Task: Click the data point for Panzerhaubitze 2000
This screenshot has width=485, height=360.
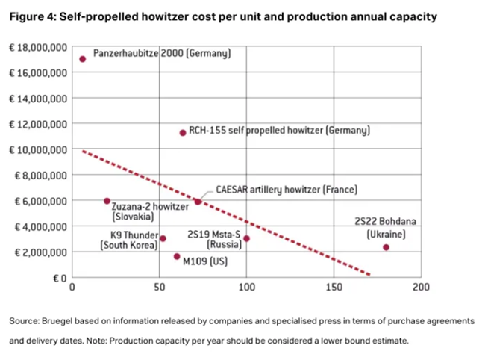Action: pos(82,60)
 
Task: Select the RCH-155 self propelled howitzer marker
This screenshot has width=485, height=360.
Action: pos(183,133)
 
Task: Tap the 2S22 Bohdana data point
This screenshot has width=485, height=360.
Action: pos(386,247)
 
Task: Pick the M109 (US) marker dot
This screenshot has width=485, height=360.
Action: pos(177,257)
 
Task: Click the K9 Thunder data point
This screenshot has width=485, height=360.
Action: pos(163,239)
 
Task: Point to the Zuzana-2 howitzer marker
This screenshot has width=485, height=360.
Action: pos(107,201)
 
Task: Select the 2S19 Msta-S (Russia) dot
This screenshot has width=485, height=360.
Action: pos(246,239)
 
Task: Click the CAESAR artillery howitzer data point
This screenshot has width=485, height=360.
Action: pos(198,202)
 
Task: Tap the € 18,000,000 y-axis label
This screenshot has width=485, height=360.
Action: pos(38,47)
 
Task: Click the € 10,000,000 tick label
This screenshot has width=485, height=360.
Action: pos(38,149)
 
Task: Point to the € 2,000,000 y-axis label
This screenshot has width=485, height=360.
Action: pos(40,252)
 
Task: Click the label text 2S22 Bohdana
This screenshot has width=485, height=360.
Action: pos(385,222)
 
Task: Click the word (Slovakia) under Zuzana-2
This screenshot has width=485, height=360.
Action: pos(133,217)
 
